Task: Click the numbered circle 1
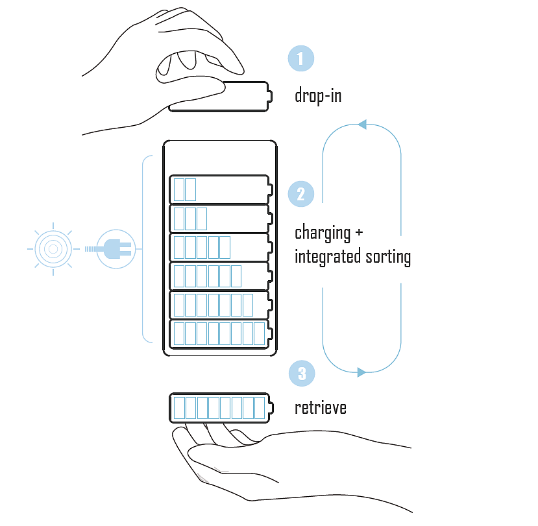click(300, 58)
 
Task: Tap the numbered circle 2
click(300, 194)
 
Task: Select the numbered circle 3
click(300, 374)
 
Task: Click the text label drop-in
click(318, 96)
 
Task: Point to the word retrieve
click(321, 408)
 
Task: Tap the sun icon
click(53, 248)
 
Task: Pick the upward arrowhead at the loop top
click(362, 124)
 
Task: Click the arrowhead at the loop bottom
click(361, 372)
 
